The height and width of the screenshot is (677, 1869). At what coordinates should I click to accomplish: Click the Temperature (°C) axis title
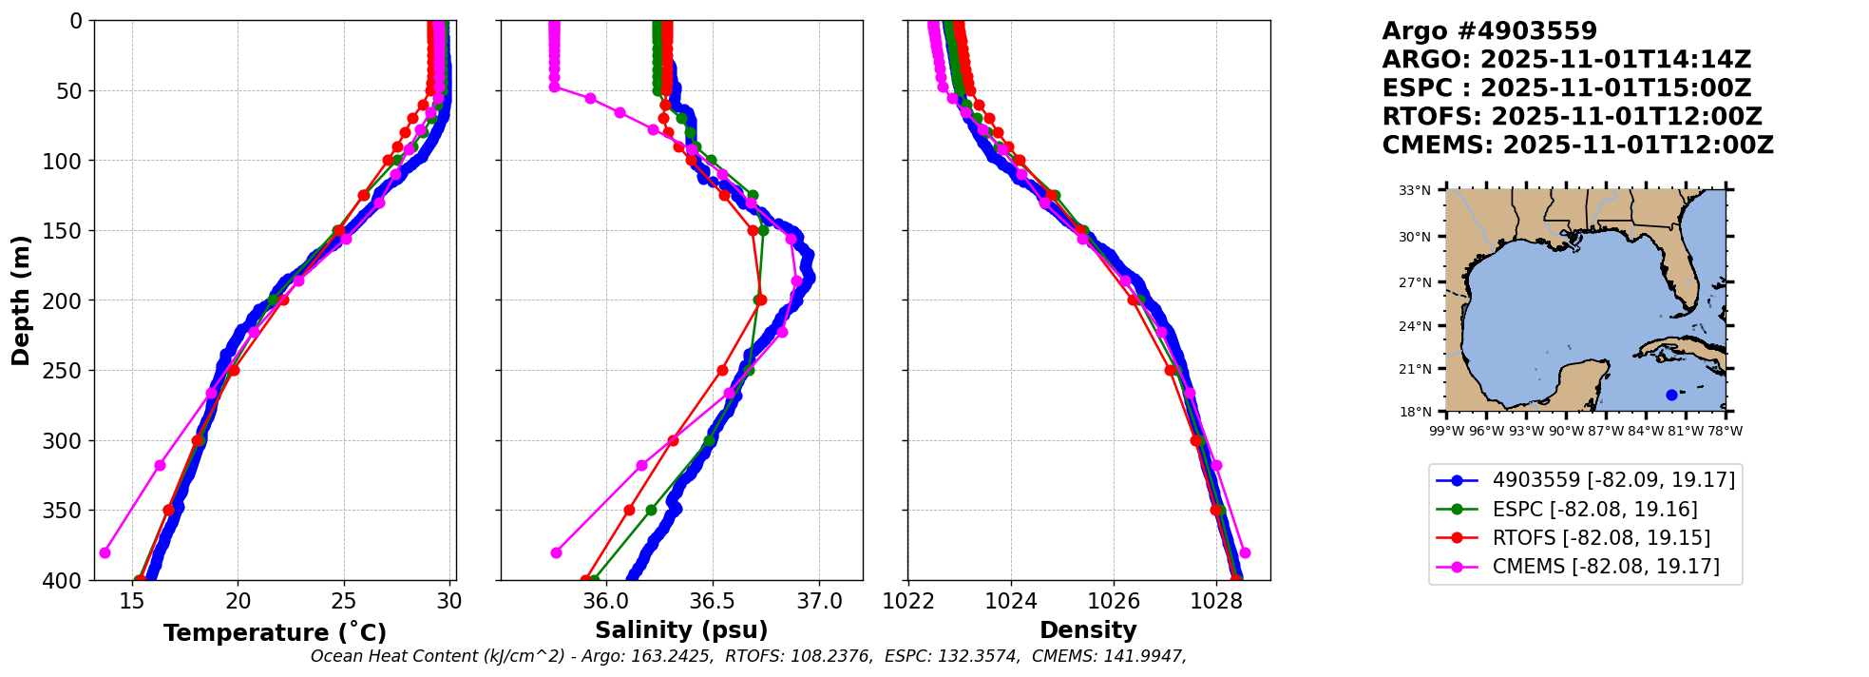point(275,633)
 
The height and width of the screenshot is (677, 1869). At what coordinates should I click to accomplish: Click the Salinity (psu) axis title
point(681,630)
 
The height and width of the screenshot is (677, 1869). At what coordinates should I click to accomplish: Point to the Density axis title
point(1088,630)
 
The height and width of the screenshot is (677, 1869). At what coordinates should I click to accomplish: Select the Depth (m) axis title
point(21,300)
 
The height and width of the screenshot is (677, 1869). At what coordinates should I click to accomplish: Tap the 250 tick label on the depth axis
point(64,371)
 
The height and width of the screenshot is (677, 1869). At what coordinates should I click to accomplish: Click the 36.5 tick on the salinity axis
point(712,601)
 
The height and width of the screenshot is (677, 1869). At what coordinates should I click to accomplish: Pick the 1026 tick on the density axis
point(1114,601)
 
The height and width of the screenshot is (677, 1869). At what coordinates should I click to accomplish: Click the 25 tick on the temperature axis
point(343,601)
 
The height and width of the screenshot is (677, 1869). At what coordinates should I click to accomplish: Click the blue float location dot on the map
point(1671,395)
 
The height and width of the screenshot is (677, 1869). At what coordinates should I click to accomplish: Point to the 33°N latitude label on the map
point(1414,191)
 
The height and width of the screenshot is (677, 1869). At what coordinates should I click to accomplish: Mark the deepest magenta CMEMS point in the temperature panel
point(105,552)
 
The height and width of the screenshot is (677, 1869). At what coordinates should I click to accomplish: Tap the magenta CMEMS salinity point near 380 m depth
point(556,552)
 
